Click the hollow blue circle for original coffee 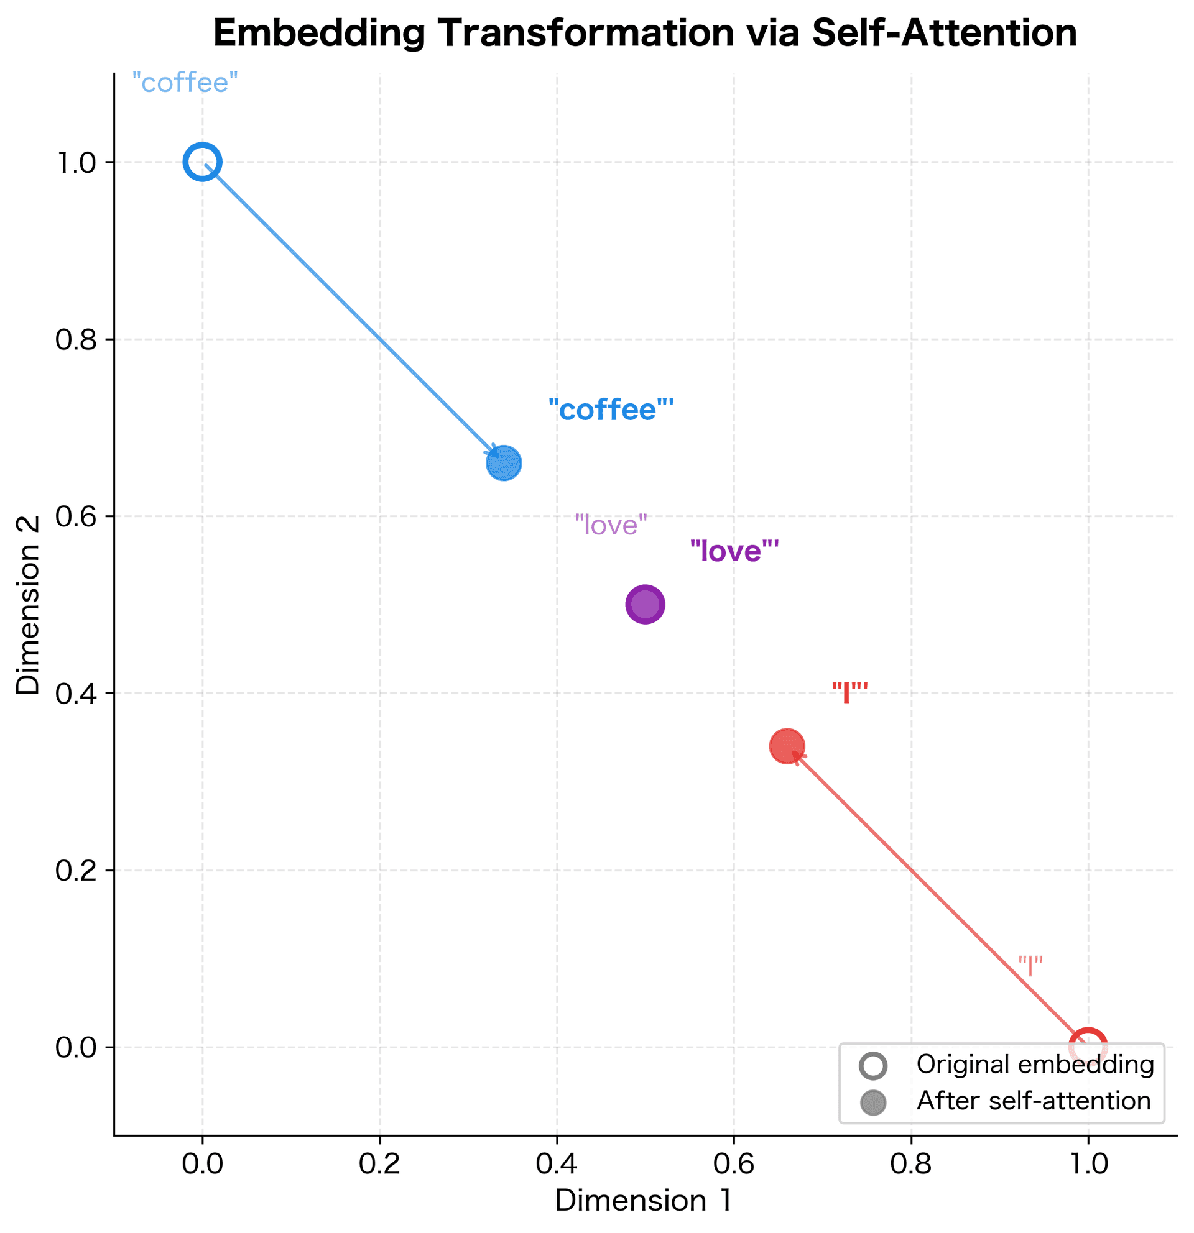click(x=202, y=162)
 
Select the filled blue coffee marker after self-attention click(x=504, y=463)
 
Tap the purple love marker click(x=645, y=604)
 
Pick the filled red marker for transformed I click(x=787, y=746)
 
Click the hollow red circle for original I click(x=1088, y=1047)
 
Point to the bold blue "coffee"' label click(x=611, y=410)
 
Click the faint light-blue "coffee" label click(x=185, y=83)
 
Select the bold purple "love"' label click(x=734, y=551)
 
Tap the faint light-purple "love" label click(x=611, y=525)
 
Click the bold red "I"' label click(x=849, y=692)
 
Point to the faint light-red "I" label click(x=1030, y=966)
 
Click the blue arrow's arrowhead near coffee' click(x=495, y=454)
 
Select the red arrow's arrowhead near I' click(x=796, y=756)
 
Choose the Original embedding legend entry click(x=1034, y=1065)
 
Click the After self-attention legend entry click(x=1033, y=1101)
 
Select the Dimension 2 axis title click(x=29, y=605)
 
